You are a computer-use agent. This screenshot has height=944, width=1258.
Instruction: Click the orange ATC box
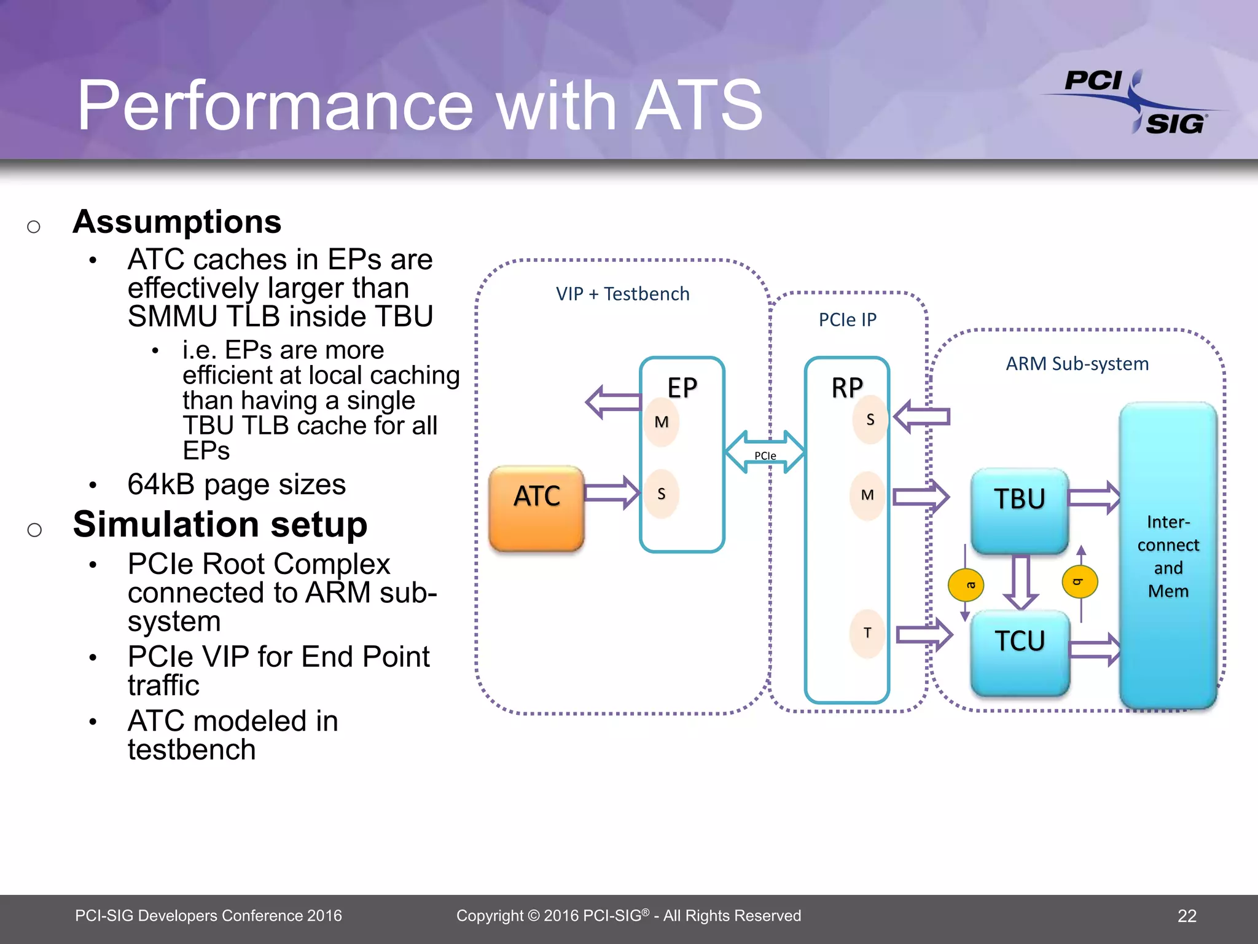click(536, 508)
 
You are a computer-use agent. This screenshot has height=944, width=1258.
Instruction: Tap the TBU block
click(1020, 509)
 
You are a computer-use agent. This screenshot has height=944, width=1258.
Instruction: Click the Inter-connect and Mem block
click(1168, 556)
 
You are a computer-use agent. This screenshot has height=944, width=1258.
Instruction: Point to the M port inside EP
click(662, 422)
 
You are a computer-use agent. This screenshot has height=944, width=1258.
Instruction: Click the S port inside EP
click(662, 494)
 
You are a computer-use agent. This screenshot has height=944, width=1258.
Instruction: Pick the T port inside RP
click(867, 633)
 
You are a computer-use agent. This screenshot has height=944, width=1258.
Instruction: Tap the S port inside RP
click(870, 420)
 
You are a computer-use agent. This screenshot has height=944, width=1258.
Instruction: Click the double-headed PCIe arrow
click(765, 452)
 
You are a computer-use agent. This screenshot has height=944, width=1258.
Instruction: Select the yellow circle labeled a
click(966, 585)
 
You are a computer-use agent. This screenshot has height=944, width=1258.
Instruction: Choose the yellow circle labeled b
click(1080, 581)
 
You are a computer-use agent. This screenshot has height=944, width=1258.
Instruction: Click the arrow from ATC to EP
click(612, 492)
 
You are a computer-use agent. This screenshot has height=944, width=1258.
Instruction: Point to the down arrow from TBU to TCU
click(1020, 581)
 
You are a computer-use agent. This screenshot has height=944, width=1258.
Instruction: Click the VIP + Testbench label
click(622, 294)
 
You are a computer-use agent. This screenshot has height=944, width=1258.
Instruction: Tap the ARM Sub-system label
click(1077, 364)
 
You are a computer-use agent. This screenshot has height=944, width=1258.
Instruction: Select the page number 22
click(1187, 916)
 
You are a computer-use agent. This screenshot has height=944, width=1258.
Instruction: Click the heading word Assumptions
click(177, 222)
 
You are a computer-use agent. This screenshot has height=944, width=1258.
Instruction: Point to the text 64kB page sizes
click(236, 484)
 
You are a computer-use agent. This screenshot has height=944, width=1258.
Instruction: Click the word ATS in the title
click(699, 106)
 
